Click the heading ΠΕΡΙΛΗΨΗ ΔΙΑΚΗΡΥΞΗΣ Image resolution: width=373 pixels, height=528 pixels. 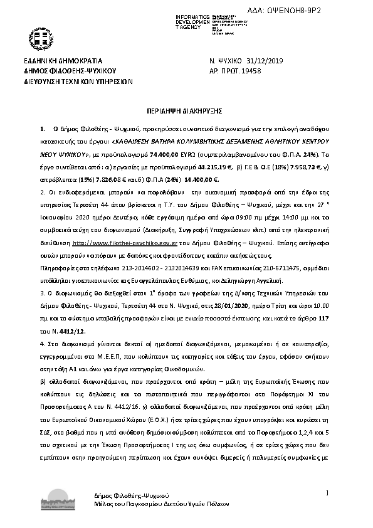[186, 108]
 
